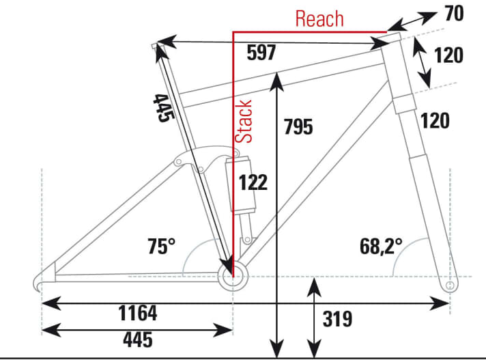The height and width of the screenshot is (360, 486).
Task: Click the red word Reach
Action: (x=319, y=18)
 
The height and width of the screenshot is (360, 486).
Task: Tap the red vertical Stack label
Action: (x=244, y=121)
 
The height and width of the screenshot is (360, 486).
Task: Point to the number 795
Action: (x=298, y=127)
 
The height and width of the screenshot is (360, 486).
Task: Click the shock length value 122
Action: (x=253, y=182)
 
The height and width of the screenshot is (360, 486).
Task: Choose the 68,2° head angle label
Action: (x=380, y=245)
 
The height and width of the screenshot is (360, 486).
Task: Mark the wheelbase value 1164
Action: (x=128, y=314)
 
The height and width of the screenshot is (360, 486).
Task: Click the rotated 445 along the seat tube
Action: (x=161, y=108)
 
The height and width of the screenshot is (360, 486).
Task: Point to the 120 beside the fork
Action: (x=435, y=122)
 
